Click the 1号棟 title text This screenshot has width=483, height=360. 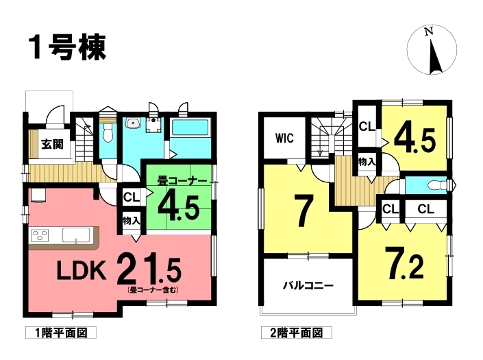(68, 47)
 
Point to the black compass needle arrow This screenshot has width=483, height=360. (435, 57)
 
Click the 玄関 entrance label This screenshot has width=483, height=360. (52, 144)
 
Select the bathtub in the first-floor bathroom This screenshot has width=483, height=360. (190, 128)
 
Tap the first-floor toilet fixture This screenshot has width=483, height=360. (108, 132)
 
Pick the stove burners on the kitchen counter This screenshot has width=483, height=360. (40, 235)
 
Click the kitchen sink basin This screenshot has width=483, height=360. (76, 235)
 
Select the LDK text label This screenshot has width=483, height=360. (82, 270)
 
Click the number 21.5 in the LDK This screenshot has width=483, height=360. (149, 269)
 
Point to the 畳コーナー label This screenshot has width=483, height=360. (182, 180)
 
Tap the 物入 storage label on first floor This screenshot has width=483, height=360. (132, 220)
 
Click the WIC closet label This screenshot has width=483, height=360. (284, 139)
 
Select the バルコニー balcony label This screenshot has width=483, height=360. (308, 286)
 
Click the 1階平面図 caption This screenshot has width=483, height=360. (61, 333)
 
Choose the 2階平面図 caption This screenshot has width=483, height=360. (297, 333)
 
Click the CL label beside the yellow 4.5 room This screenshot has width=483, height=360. (367, 126)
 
